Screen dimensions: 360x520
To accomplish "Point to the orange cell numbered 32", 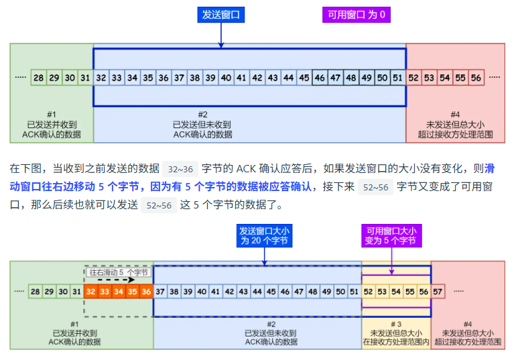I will click(x=90, y=292).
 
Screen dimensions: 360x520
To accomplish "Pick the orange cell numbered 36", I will click(x=146, y=292).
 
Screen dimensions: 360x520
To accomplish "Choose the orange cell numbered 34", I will click(x=118, y=292).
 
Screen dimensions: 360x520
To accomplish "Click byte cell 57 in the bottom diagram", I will click(x=438, y=292).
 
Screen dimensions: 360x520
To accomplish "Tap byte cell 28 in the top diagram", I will click(x=38, y=78).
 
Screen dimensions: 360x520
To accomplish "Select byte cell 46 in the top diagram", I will click(x=320, y=78).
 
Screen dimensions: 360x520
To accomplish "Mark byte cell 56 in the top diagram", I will click(x=476, y=78).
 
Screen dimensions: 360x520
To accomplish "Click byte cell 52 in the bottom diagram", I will click(x=368, y=292).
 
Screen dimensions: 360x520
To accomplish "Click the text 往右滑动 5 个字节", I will click(x=119, y=272).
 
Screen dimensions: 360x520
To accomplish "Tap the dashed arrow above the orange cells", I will click(x=111, y=280).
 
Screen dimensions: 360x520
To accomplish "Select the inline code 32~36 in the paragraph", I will click(x=180, y=169).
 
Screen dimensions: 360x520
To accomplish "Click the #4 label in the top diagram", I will click(x=455, y=115).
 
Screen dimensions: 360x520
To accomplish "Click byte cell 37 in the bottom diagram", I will click(x=160, y=292).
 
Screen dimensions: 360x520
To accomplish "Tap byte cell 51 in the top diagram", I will click(x=398, y=78).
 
